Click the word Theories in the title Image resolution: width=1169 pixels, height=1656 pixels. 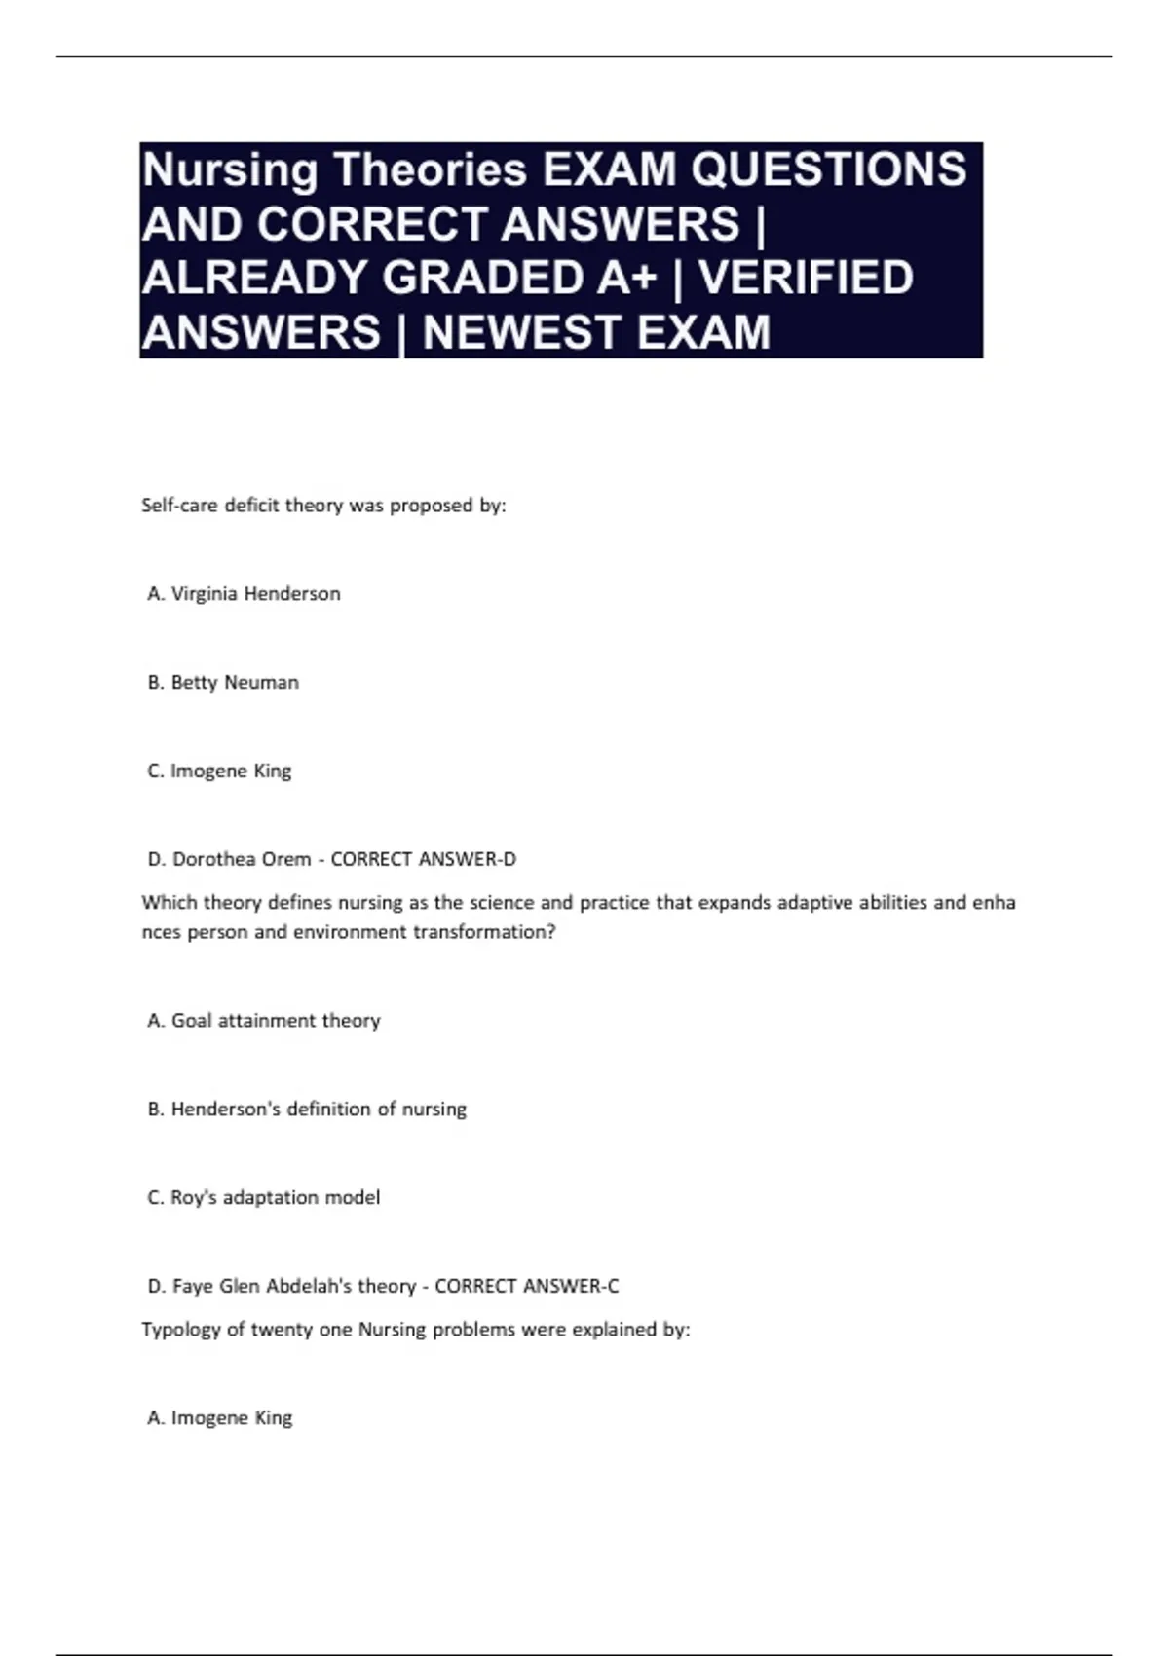click(430, 170)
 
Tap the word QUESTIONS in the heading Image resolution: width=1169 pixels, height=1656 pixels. click(828, 170)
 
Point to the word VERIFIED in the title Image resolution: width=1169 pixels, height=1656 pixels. click(806, 279)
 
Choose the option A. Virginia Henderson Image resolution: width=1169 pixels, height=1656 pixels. click(244, 594)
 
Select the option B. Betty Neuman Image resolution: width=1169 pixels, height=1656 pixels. click(223, 683)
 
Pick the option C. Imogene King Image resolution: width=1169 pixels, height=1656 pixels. click(219, 772)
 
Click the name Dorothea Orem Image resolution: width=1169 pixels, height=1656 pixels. click(242, 859)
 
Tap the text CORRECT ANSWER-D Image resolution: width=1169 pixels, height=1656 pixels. click(424, 859)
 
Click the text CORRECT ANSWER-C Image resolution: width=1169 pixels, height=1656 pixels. click(526, 1286)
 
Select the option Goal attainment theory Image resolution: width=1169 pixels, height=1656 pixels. click(276, 1021)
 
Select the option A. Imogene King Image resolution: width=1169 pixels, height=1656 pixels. click(219, 1418)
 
